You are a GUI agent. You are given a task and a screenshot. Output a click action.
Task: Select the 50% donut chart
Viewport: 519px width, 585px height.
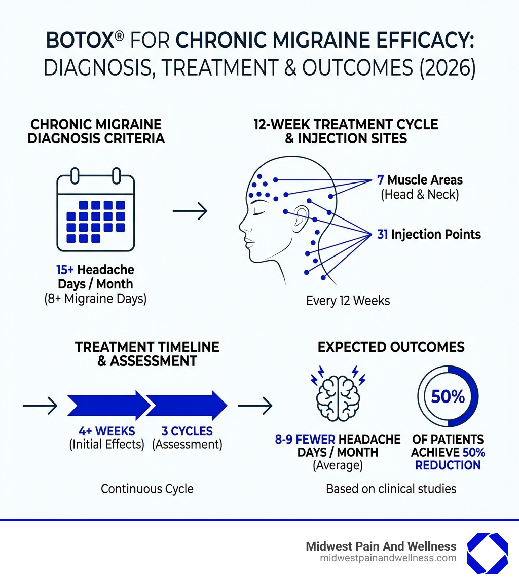point(448,396)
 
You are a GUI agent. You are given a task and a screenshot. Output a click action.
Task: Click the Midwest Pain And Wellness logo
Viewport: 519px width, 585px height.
point(487,553)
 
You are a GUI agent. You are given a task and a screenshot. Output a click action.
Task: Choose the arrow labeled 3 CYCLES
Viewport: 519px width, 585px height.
point(187,406)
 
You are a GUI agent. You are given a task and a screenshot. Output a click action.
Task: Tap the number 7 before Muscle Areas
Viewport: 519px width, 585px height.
point(380,180)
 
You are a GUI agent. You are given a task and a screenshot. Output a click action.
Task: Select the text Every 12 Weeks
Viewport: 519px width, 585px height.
point(348,301)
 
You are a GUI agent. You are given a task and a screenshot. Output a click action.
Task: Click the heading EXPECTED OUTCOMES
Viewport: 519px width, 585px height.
point(391,347)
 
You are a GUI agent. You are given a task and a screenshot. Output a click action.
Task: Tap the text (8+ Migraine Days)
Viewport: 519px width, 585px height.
point(95,299)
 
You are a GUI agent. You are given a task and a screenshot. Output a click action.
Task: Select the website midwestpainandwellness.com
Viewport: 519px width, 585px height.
point(388,558)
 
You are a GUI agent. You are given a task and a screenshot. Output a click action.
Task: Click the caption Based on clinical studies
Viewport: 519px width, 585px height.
point(391,489)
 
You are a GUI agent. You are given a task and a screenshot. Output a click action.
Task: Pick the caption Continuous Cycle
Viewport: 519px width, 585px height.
point(147,489)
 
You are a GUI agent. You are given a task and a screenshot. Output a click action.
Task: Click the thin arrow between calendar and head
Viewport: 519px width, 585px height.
point(190,211)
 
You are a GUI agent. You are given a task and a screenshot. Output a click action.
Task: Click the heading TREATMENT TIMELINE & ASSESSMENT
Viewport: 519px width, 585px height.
point(147,353)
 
